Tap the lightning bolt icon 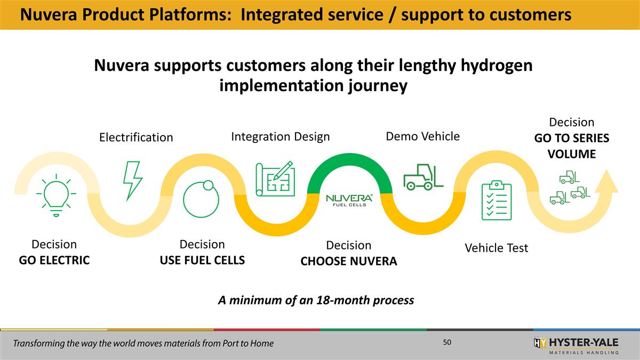[131, 180]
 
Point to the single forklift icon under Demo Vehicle [423, 177]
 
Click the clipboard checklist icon [496, 200]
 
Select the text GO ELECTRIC [54, 260]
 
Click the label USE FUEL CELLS [202, 260]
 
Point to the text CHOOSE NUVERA [349, 261]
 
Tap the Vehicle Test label [496, 248]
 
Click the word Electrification [136, 138]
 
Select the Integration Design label [281, 137]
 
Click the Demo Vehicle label [422, 137]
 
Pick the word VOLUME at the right [571, 154]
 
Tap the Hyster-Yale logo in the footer [576, 345]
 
